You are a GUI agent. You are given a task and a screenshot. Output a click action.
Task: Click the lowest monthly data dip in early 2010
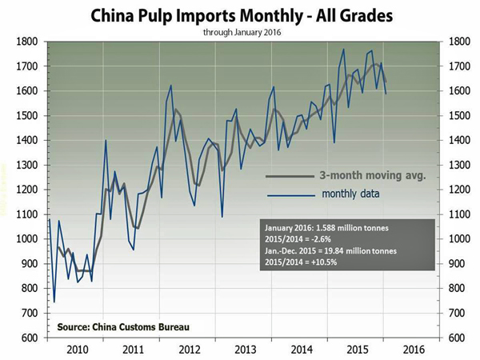coord(54,301)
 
